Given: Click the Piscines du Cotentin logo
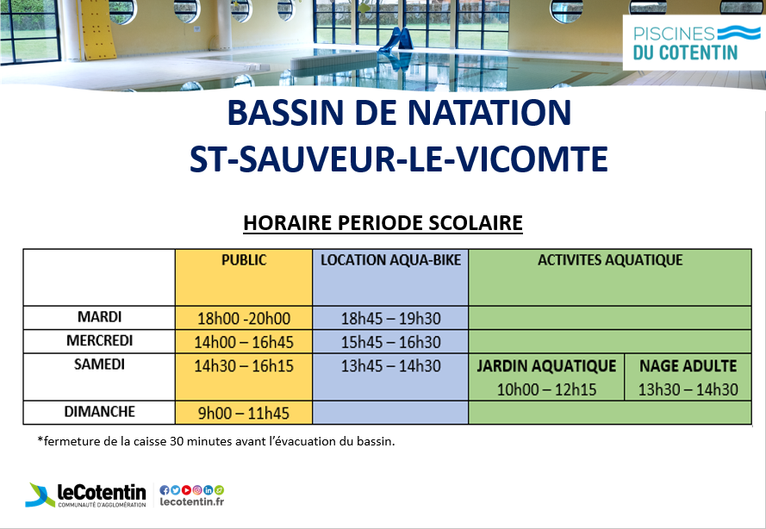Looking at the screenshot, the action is pyautogui.click(x=694, y=42).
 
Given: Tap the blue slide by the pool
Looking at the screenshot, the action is pyautogui.click(x=397, y=40).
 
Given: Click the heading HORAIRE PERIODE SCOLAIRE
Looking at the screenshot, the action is pyautogui.click(x=383, y=223).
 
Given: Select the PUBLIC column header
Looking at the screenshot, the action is pyautogui.click(x=244, y=260).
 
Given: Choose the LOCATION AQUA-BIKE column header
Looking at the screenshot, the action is pyautogui.click(x=390, y=260).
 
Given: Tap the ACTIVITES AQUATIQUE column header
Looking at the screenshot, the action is pyautogui.click(x=610, y=260).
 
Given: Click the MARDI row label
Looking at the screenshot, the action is pyautogui.click(x=99, y=317).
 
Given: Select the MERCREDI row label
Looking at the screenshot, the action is pyautogui.click(x=99, y=340).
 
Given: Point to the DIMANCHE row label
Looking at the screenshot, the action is pyautogui.click(x=99, y=412).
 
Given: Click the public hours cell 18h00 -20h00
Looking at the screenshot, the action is pyautogui.click(x=244, y=319).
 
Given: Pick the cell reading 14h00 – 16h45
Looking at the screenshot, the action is pyautogui.click(x=244, y=342).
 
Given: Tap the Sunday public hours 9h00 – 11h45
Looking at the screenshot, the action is pyautogui.click(x=244, y=414).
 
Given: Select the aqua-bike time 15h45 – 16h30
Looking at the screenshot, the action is pyautogui.click(x=390, y=342).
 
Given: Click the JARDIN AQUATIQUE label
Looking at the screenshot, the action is pyautogui.click(x=546, y=366).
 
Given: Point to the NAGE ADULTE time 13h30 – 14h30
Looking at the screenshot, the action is pyautogui.click(x=688, y=389).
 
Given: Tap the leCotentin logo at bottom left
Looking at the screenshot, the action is pyautogui.click(x=86, y=495).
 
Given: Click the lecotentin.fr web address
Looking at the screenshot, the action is pyautogui.click(x=192, y=501).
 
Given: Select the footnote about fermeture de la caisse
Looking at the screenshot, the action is pyautogui.click(x=216, y=441).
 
